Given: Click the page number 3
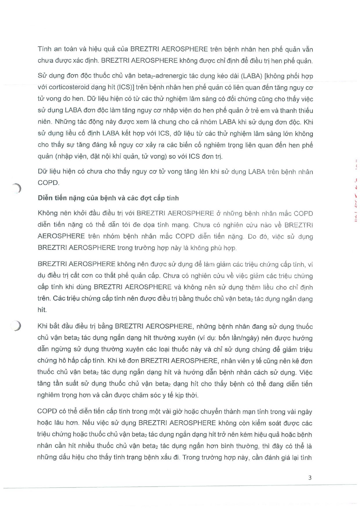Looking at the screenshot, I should [310, 477].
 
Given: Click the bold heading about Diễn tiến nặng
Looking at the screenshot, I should [108, 198].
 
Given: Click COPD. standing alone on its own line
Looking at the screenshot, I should [48, 183].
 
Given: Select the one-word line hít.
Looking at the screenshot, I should [42, 310].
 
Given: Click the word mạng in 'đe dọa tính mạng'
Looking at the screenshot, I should [181, 225].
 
